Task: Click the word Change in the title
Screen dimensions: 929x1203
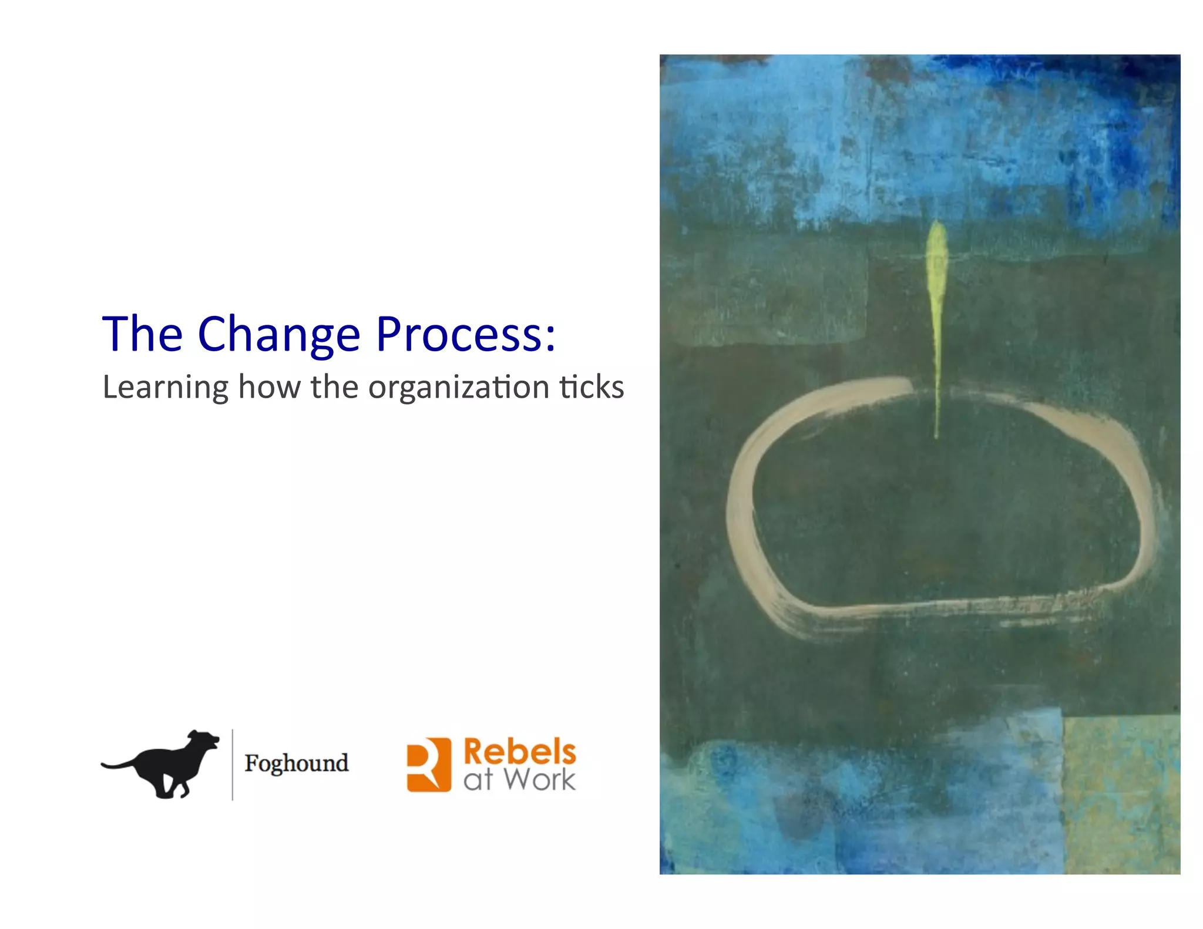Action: click(x=278, y=334)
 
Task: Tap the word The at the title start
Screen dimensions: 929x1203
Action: click(x=143, y=334)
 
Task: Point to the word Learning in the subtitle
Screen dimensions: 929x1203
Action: click(x=166, y=388)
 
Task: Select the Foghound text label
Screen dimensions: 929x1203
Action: click(x=297, y=763)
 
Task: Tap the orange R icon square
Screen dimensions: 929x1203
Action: click(x=429, y=765)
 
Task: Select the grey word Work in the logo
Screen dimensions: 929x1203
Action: click(x=540, y=780)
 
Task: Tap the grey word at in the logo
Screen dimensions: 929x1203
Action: click(x=478, y=780)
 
